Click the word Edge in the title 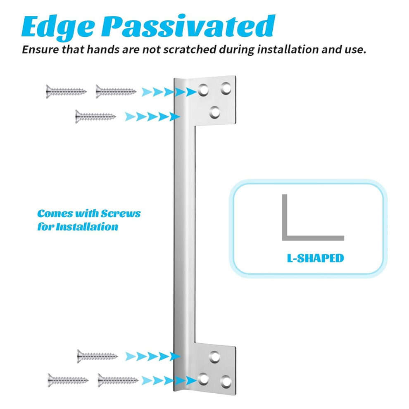[x=58, y=27]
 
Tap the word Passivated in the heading [x=188, y=26]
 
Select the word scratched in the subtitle [x=190, y=49]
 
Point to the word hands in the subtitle [x=103, y=49]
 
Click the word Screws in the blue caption [x=121, y=214]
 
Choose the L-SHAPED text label [x=315, y=258]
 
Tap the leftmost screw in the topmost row [x=66, y=92]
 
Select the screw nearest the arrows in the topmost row [x=116, y=92]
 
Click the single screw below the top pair [x=95, y=117]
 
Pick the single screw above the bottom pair [x=97, y=356]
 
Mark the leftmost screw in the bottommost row [x=68, y=380]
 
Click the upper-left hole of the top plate [x=203, y=90]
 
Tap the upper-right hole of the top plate [x=226, y=88]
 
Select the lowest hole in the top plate [x=215, y=113]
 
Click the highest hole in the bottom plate [x=215, y=357]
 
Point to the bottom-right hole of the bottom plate [x=226, y=382]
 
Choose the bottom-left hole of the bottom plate [x=203, y=379]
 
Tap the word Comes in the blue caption [x=55, y=214]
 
